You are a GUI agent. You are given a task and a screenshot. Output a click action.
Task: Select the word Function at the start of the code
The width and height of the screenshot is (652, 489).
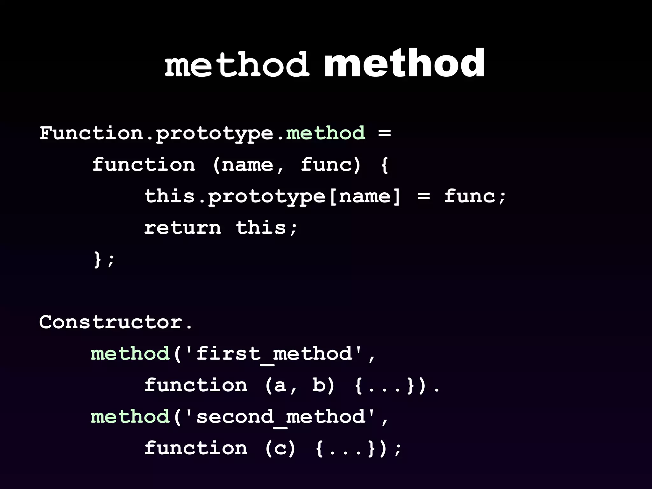(91, 133)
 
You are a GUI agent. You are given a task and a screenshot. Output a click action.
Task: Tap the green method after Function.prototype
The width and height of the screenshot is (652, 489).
(325, 133)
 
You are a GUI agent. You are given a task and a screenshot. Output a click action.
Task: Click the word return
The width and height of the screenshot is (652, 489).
(182, 228)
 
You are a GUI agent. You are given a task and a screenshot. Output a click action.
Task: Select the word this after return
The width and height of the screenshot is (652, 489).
(261, 228)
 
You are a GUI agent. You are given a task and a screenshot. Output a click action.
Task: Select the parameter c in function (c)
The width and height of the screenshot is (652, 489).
(280, 448)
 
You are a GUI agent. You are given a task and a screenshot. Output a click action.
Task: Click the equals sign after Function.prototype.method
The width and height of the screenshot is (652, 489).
(385, 133)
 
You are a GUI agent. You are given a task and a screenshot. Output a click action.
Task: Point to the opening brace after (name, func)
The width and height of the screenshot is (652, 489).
(385, 165)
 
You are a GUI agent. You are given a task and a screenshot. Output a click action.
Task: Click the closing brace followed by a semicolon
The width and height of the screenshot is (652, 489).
(97, 259)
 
